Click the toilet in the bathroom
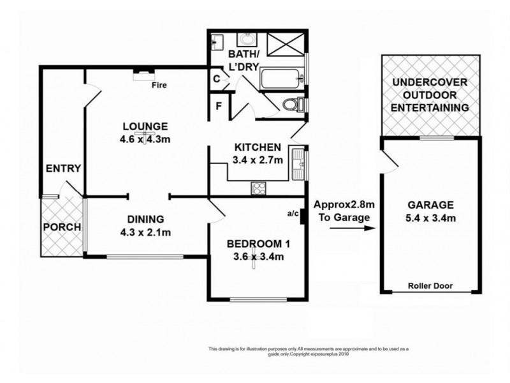[x=294, y=104]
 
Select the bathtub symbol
[x=280, y=80]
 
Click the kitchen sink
[x=297, y=161]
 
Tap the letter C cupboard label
[x=217, y=79]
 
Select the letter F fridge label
[x=217, y=106]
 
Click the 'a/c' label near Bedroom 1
[x=293, y=214]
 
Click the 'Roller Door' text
[x=431, y=286]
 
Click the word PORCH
[x=61, y=227]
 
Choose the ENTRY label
[x=63, y=169]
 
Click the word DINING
[x=145, y=218]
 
